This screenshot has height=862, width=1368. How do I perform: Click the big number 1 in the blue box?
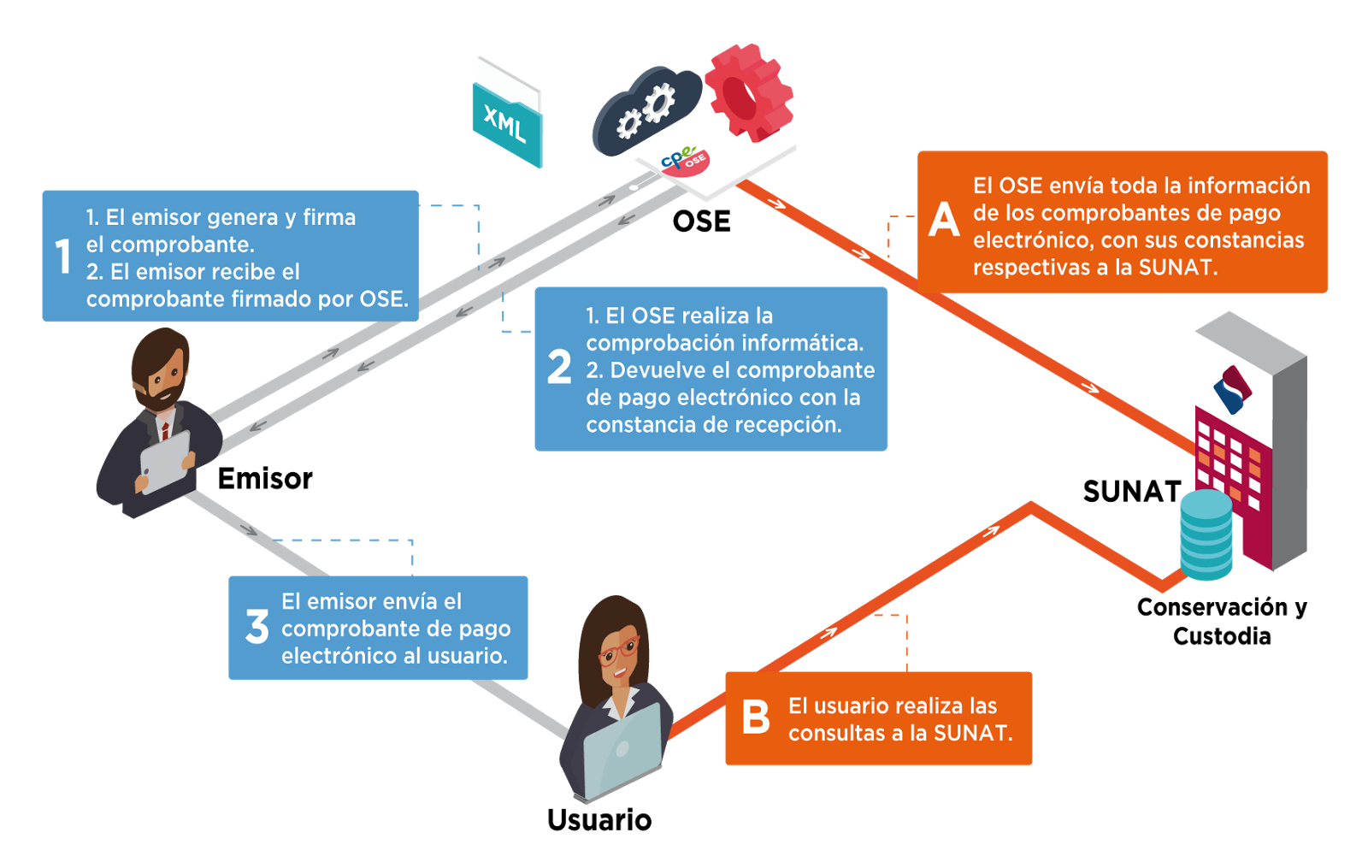[62, 257]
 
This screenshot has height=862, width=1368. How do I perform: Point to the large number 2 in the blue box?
[559, 367]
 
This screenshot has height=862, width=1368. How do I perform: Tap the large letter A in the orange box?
[944, 220]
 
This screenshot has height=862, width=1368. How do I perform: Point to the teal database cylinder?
[1206, 534]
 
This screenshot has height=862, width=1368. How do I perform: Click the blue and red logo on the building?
[1232, 389]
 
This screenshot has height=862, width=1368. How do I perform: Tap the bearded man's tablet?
[166, 462]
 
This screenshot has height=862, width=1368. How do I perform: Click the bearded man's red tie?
[165, 428]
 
